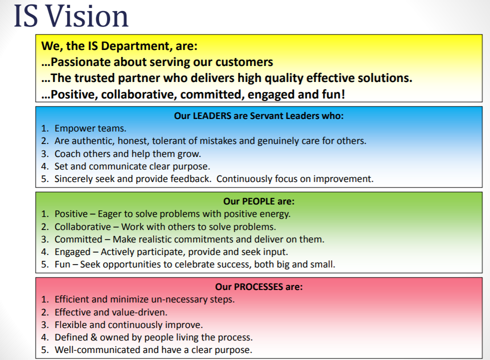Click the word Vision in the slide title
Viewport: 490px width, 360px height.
pyautogui.click(x=87, y=16)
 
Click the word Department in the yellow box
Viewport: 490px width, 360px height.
pyautogui.click(x=136, y=46)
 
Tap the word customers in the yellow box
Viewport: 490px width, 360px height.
pyautogui.click(x=244, y=62)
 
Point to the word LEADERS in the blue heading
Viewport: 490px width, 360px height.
pyautogui.click(x=212, y=116)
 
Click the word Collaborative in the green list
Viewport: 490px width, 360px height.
pyautogui.click(x=83, y=226)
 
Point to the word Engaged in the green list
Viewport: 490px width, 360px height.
pyautogui.click(x=72, y=252)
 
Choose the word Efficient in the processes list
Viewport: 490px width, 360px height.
pyautogui.click(x=72, y=299)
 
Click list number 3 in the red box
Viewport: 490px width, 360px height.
pyautogui.click(x=45, y=325)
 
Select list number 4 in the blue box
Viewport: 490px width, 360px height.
pyautogui.click(x=45, y=166)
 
